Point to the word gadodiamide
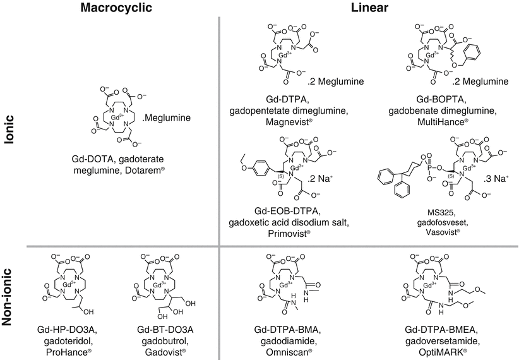click(x=294, y=340)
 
